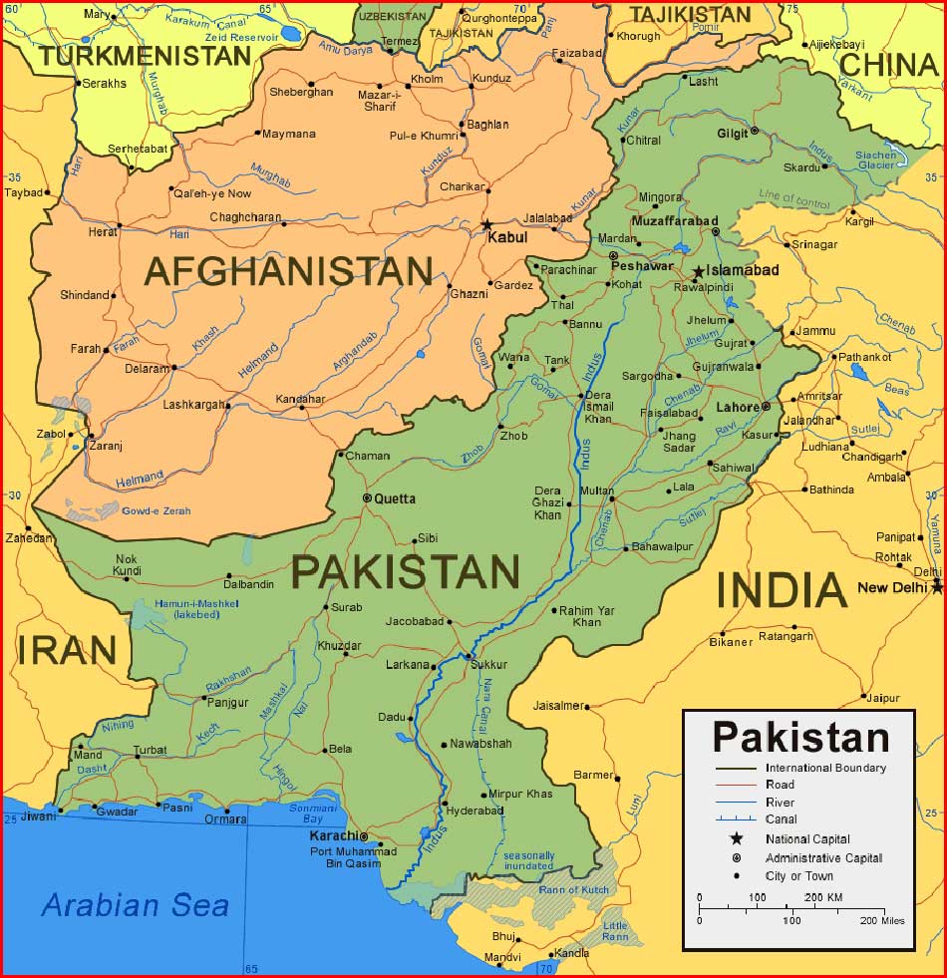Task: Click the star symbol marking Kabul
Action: point(486,225)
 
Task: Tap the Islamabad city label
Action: point(743,270)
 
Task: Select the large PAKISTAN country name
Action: point(405,572)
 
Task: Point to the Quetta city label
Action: point(395,498)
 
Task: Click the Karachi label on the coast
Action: point(333,835)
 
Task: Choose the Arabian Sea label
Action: point(136,905)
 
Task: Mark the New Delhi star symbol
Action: point(937,587)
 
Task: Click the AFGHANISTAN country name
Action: point(288,271)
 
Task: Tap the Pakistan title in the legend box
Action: point(800,738)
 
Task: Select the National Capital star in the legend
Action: point(737,838)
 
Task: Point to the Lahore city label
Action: point(737,407)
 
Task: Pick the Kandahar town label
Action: point(300,399)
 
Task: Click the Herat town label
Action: point(103,230)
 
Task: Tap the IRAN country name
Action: point(67,650)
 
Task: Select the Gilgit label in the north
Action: point(732,133)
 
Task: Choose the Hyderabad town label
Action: point(474,811)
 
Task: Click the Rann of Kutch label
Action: point(573,889)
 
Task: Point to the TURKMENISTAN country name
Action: point(146,56)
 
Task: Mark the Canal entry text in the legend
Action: point(781,819)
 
